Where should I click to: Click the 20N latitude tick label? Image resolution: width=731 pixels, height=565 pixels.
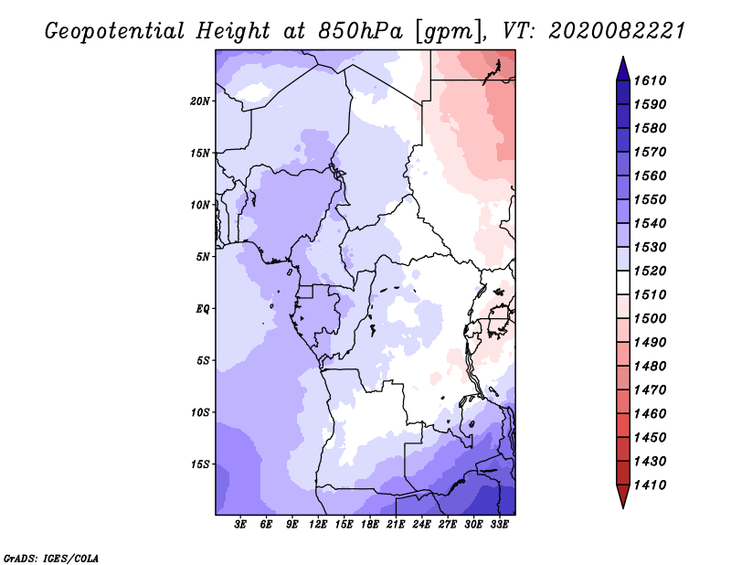point(200,101)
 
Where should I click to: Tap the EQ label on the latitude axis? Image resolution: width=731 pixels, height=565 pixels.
point(203,308)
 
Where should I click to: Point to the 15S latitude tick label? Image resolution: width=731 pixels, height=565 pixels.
point(200,464)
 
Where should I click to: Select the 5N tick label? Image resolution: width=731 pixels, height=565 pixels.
point(203,257)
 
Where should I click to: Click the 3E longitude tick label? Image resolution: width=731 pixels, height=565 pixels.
point(240,525)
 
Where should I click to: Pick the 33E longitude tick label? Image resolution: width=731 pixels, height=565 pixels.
point(499,525)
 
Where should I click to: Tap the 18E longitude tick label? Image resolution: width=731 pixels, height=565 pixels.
point(369,525)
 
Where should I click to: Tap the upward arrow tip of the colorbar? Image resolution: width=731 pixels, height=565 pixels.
point(622,59)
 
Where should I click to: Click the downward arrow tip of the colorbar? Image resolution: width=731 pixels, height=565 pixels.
point(622,506)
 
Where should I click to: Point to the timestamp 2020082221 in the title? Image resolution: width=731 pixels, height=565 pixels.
point(617,31)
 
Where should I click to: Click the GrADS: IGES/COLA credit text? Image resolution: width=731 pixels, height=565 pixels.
point(38,557)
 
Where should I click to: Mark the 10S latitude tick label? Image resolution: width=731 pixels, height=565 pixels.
point(200,412)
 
